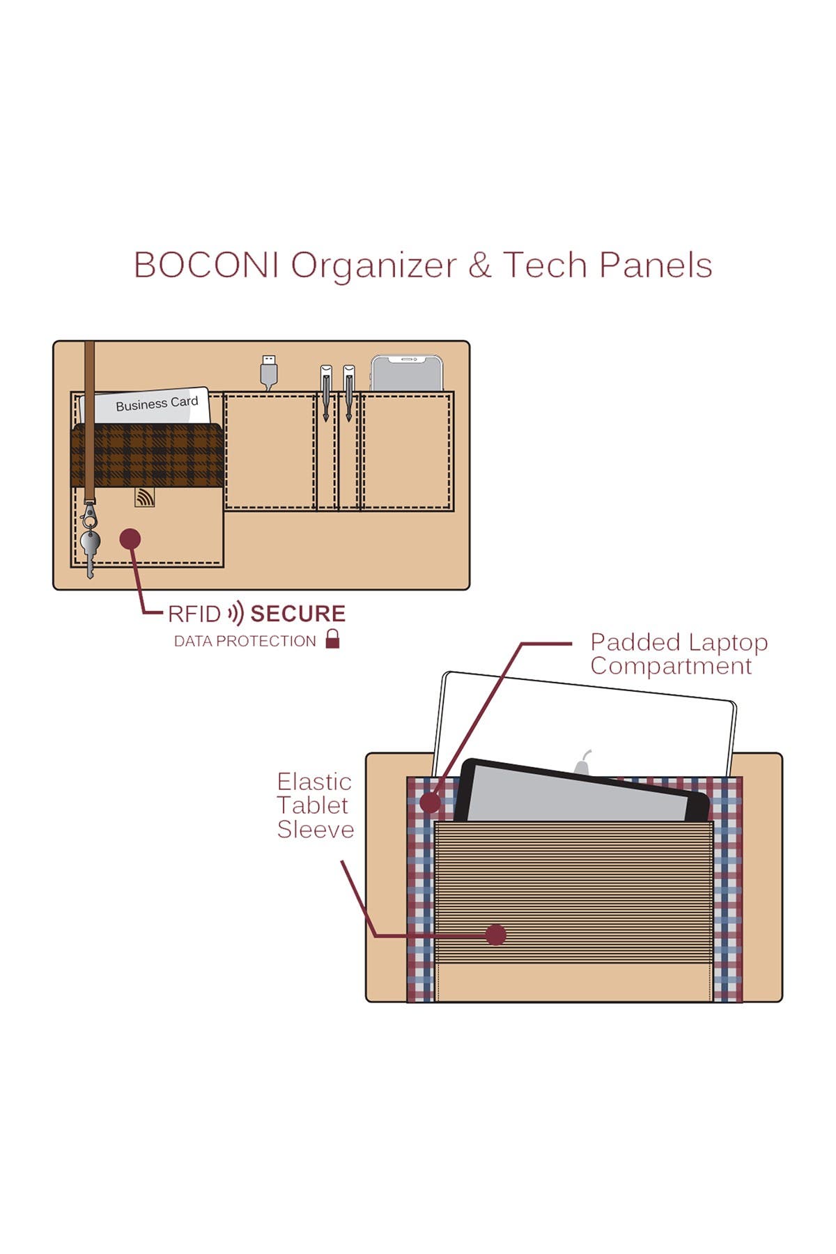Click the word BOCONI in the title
click(206, 265)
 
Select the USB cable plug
click(269, 369)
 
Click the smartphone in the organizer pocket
click(407, 374)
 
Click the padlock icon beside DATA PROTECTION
click(333, 639)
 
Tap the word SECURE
click(297, 614)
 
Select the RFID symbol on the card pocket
click(145, 497)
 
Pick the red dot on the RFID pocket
click(130, 539)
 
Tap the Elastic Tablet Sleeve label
click(315, 805)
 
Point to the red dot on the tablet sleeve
click(495, 935)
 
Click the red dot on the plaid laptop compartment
click(431, 803)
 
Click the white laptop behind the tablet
click(585, 718)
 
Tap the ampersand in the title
click(479, 265)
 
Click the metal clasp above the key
click(88, 516)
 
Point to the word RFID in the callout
click(194, 614)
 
